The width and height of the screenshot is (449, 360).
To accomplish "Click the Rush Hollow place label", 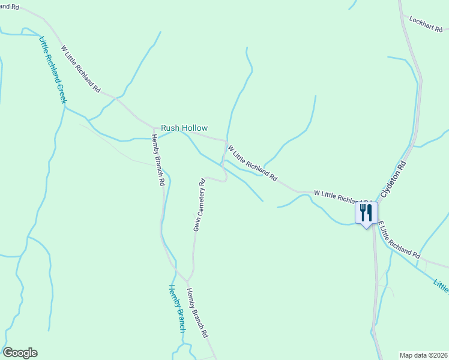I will [x=184, y=128].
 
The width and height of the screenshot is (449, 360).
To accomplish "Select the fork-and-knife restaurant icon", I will [x=366, y=213].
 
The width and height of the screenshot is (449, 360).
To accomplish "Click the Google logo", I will [x=20, y=353].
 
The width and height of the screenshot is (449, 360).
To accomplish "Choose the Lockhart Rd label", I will [x=425, y=23].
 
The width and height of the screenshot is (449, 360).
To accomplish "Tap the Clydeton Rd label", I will [x=393, y=179].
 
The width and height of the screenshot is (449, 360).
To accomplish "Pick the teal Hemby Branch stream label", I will [x=176, y=308].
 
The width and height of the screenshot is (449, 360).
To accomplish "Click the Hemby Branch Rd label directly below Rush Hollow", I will [x=158, y=160].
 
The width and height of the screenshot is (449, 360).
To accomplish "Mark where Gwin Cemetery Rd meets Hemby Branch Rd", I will [x=188, y=281].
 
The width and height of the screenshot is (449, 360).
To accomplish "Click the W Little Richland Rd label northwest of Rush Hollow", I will [x=81, y=68].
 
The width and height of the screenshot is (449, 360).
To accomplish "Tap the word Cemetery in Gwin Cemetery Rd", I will [x=200, y=203].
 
